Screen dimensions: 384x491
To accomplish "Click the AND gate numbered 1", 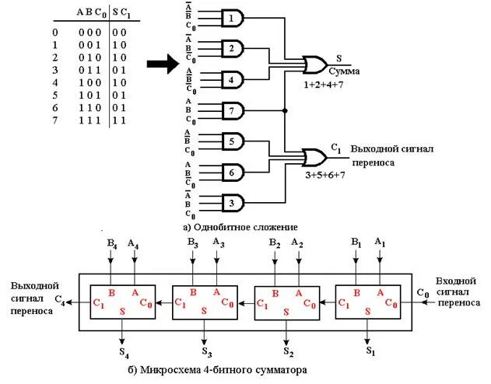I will (x=232, y=17).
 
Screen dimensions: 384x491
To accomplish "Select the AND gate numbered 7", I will (x=232, y=110).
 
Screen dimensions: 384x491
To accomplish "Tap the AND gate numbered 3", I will (x=232, y=203).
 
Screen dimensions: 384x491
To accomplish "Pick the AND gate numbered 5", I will (x=232, y=141).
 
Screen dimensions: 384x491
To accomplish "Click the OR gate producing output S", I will (x=315, y=63).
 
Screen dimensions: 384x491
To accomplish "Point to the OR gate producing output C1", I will (x=315, y=157).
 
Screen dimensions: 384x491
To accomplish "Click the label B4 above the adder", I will (x=112, y=244).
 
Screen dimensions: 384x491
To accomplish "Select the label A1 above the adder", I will (x=379, y=244).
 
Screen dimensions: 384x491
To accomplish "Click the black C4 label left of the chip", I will (x=61, y=299).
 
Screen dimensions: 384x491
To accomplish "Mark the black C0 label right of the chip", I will (x=423, y=293).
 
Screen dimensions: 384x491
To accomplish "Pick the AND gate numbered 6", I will (x=232, y=172).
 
